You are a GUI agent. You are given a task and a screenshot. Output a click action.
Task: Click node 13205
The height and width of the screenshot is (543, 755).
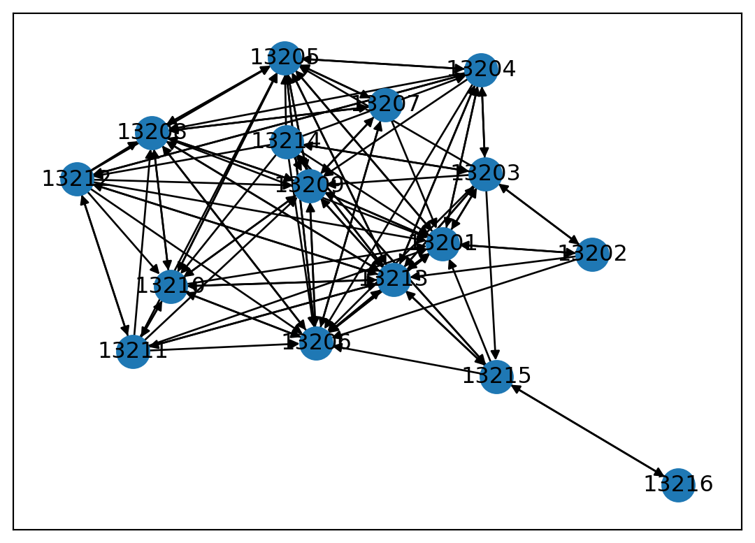(285, 58)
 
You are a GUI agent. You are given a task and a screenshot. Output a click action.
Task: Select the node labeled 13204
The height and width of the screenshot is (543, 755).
(481, 70)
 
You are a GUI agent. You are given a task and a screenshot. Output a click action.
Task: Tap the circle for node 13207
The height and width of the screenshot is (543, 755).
(385, 105)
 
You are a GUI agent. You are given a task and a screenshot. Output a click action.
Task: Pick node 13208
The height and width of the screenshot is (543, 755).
(152, 133)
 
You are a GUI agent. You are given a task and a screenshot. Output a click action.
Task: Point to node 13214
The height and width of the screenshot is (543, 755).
(287, 142)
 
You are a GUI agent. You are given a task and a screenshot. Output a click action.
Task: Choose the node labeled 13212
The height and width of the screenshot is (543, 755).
(77, 180)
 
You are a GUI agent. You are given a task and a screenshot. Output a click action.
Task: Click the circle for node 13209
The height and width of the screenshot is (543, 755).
(310, 186)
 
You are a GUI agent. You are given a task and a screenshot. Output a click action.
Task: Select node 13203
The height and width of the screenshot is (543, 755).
(485, 174)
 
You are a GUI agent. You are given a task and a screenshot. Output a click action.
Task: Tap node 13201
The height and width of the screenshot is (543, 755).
(442, 244)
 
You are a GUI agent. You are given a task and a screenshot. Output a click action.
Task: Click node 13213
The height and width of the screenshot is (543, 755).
(394, 280)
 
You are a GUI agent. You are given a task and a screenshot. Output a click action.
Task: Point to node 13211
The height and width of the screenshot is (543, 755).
(133, 351)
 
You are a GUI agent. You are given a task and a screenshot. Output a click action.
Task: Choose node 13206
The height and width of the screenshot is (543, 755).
(316, 343)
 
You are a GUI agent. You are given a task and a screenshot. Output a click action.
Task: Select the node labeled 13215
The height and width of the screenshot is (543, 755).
(496, 377)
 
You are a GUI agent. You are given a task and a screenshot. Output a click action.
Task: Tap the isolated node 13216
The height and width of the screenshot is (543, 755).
(678, 485)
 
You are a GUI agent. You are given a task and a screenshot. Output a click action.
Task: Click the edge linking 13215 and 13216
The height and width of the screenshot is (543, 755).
(587, 430)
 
